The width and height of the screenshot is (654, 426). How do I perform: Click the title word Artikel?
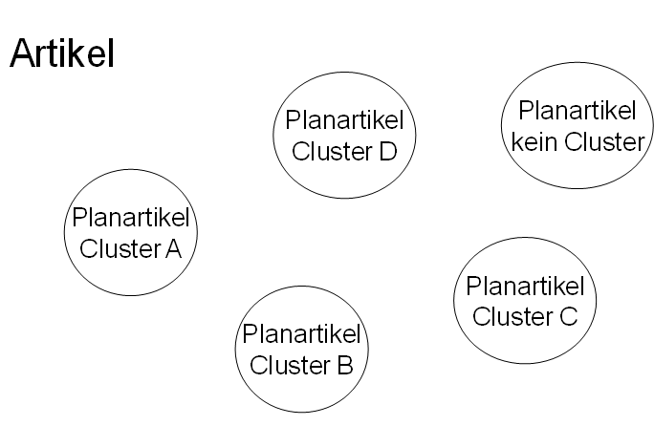[x=62, y=54]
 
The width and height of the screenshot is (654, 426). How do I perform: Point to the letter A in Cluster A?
[x=173, y=248]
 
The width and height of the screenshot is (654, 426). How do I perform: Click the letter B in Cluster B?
[x=345, y=364]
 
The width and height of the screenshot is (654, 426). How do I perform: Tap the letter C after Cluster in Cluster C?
[x=567, y=315]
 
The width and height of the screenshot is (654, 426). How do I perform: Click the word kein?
[x=534, y=142]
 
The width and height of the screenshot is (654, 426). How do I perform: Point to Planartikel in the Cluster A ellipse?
[x=131, y=220]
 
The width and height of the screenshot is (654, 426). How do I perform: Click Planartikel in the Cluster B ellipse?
[x=302, y=335]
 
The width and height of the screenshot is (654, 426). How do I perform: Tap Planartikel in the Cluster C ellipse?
[x=525, y=286]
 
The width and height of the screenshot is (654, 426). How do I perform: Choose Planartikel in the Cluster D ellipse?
[x=344, y=122]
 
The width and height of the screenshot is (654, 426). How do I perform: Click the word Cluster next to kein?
[x=602, y=142]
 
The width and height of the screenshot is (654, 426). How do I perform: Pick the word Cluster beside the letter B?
[x=291, y=364]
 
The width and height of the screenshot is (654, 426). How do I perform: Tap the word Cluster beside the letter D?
[x=332, y=151]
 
